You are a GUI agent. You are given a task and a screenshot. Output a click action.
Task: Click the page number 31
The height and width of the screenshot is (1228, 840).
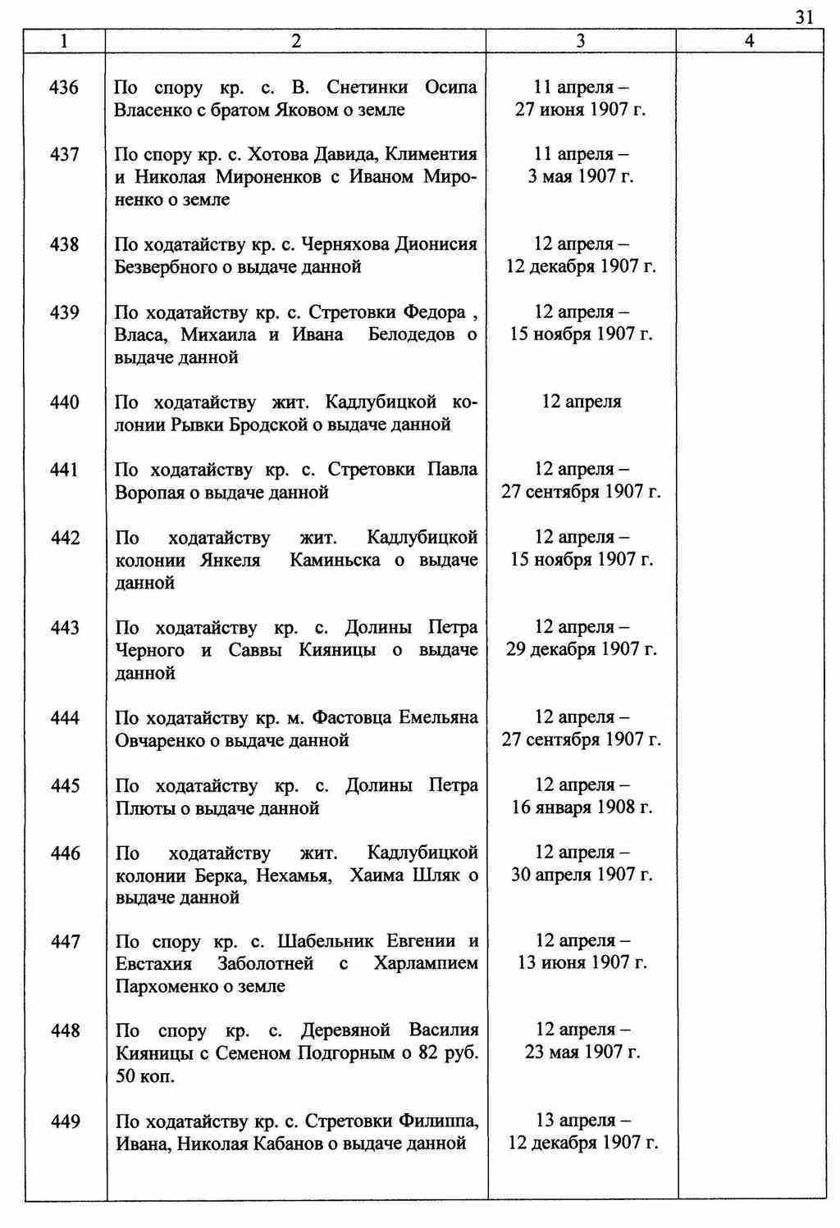(804, 17)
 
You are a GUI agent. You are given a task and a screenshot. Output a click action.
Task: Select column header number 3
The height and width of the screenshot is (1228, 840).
(581, 41)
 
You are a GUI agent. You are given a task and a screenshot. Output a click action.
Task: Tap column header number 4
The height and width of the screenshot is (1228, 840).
(749, 41)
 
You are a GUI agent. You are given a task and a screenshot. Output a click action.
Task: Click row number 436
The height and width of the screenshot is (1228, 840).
(65, 87)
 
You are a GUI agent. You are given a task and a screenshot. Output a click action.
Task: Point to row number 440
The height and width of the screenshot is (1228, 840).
(65, 403)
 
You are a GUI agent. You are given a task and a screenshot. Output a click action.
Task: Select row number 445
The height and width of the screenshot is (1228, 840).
(65, 786)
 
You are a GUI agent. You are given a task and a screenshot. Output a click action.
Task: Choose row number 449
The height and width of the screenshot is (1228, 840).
(65, 1121)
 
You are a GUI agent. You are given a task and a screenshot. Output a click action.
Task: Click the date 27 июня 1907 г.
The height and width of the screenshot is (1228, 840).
(581, 110)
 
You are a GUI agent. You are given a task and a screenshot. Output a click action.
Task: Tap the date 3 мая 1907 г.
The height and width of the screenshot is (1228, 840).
(581, 177)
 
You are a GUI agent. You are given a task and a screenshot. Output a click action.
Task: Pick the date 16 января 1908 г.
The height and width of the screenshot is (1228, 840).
(582, 808)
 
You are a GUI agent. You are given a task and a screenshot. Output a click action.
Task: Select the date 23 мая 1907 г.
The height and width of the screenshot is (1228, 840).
(582, 1053)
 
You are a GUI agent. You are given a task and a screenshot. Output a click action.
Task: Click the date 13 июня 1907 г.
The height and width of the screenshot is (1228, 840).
(582, 963)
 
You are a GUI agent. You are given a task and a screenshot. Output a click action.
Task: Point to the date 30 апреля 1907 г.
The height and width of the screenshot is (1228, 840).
(582, 876)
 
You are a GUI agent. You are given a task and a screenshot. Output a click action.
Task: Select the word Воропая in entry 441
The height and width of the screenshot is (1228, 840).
(151, 493)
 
